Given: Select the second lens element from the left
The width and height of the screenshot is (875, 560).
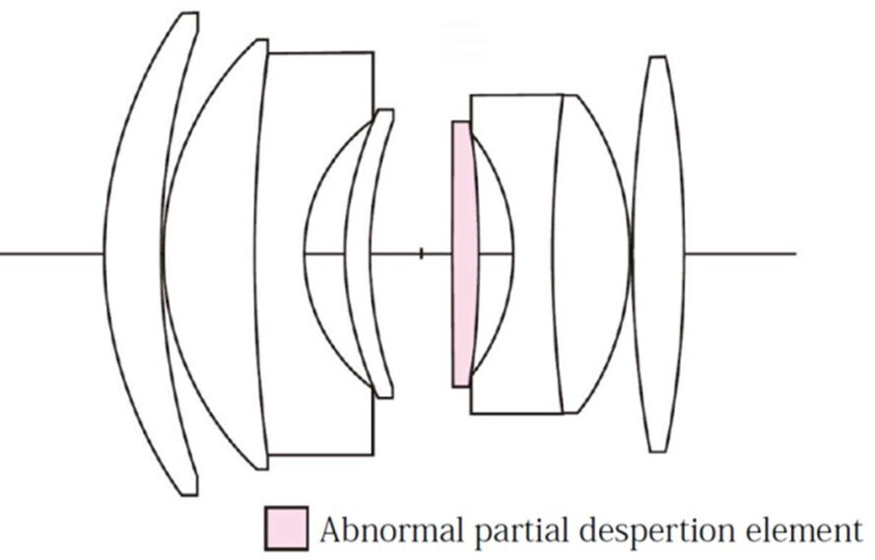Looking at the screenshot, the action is point(212,254).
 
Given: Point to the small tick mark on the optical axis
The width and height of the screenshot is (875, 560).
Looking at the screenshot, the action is point(422,254).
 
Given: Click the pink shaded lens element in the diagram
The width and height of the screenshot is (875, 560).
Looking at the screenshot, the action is point(463,254).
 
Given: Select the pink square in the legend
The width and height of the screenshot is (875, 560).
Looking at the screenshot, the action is point(287,527).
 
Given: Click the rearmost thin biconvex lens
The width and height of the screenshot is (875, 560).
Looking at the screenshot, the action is point(658,254).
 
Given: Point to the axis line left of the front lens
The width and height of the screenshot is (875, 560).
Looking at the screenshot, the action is point(52,254).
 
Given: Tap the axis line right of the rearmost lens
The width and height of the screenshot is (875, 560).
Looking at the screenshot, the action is point(740,254).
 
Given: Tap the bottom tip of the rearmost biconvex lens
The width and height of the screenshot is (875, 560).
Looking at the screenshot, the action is point(657,452).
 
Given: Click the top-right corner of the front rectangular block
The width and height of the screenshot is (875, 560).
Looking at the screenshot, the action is point(373,53).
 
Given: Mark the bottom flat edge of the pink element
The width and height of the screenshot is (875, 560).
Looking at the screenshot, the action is point(461,386).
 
